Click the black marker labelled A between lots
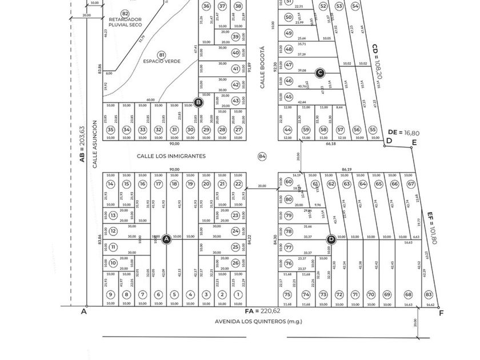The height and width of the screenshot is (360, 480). [x=166, y=239]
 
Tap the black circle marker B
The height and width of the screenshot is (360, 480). [x=198, y=103]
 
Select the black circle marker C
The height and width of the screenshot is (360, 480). [x=320, y=72]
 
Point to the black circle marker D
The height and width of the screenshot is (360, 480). [x=330, y=239]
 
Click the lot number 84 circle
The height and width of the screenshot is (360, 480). [x=262, y=156]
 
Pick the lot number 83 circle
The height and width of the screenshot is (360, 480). [x=429, y=294]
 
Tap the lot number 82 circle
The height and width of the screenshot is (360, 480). [x=125, y=13]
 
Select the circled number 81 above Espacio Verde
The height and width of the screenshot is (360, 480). [x=162, y=54]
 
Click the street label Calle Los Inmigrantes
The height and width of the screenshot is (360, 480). [x=171, y=155]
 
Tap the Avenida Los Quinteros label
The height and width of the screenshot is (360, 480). [x=258, y=321]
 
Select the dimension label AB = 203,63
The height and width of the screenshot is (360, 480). [x=82, y=144]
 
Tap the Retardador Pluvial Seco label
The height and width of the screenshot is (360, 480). [x=125, y=22]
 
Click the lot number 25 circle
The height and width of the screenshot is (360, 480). [x=235, y=247]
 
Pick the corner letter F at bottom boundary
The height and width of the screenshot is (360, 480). [x=441, y=313]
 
